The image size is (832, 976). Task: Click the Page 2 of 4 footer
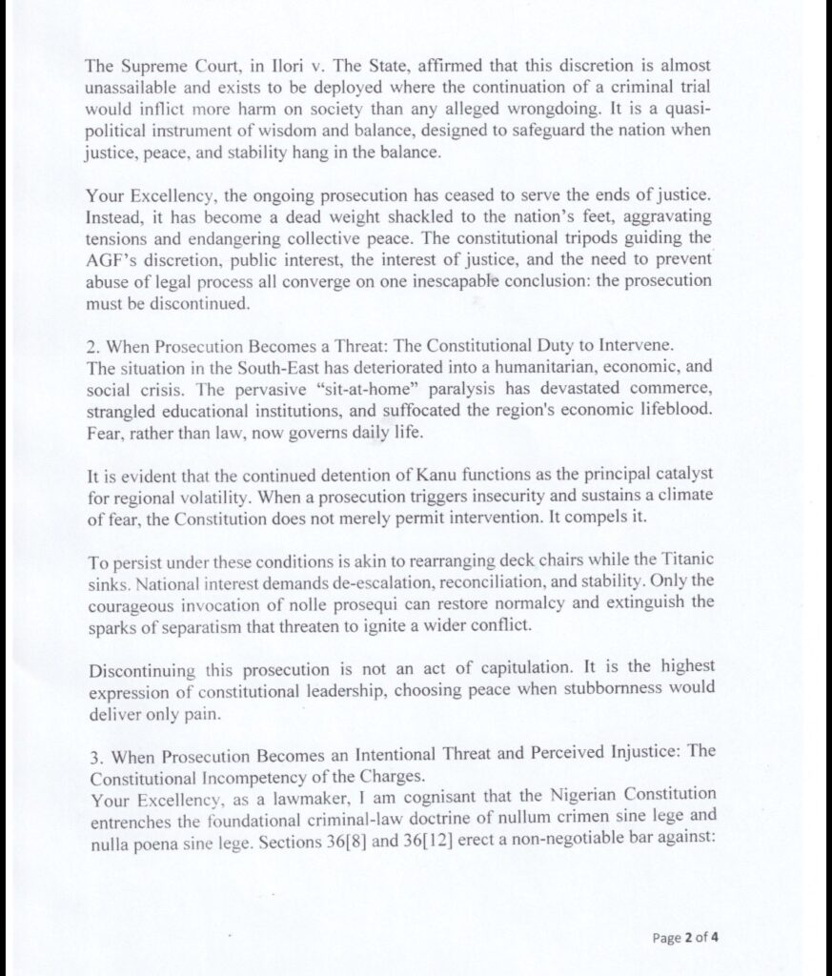pyautogui.click(x=684, y=938)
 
